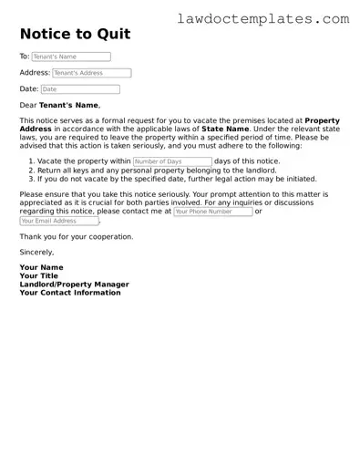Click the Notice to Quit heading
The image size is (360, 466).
pyautogui.click(x=75, y=35)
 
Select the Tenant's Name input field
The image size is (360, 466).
pyautogui.click(x=72, y=57)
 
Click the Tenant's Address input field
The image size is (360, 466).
pyautogui.click(x=91, y=73)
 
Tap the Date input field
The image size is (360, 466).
pyautogui.click(x=80, y=89)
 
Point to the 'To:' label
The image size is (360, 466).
pyautogui.click(x=25, y=57)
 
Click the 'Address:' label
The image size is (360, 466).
pyautogui.click(x=35, y=73)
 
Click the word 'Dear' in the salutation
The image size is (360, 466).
pyautogui.click(x=29, y=106)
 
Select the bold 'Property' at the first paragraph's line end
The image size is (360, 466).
pyautogui.click(x=323, y=120)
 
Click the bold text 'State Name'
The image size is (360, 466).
pyautogui.click(x=225, y=129)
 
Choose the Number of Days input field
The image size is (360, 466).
pyautogui.click(x=171, y=161)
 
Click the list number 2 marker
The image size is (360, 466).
pyautogui.click(x=30, y=171)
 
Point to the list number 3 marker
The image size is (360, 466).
pyautogui.click(x=30, y=179)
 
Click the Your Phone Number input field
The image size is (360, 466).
pyautogui.click(x=212, y=212)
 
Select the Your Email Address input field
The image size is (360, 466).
pyautogui.click(x=58, y=221)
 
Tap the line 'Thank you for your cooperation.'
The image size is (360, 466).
pyautogui.click(x=76, y=236)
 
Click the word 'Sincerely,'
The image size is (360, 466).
pyautogui.click(x=36, y=252)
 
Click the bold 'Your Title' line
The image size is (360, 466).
pyautogui.click(x=39, y=276)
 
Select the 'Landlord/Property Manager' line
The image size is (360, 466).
pyautogui.click(x=74, y=285)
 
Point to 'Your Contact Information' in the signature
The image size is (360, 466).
pyautogui.click(x=69, y=293)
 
